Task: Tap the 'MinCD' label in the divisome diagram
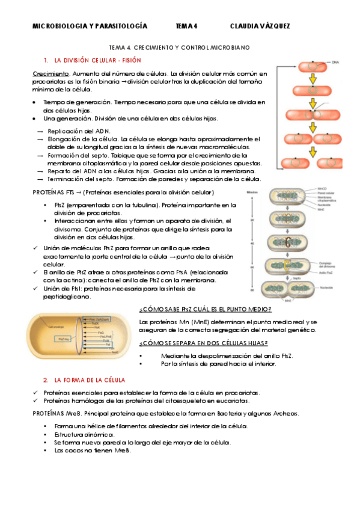pyautogui.click(x=322, y=189)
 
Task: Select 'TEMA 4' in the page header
pyautogui.click(x=186, y=26)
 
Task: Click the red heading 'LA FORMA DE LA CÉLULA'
pyautogui.click(x=90, y=380)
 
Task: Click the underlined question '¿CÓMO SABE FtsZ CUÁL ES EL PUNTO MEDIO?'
pyautogui.click(x=205, y=309)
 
